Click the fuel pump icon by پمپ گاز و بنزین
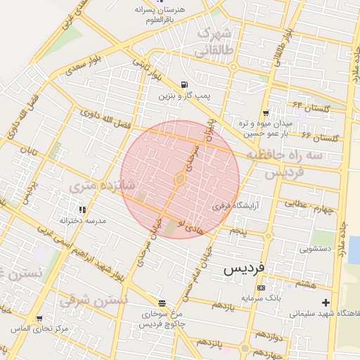(184, 85)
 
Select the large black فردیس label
(245, 269)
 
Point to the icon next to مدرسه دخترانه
(82, 209)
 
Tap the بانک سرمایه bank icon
(261, 288)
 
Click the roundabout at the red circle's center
(180, 180)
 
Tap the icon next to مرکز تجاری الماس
(39, 318)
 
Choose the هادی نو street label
(191, 226)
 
